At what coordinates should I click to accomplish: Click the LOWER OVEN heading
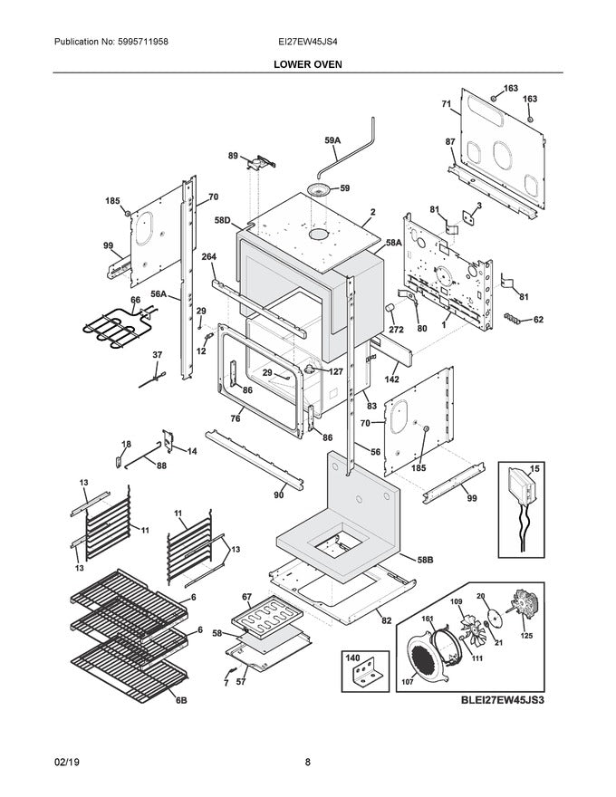coord(308,64)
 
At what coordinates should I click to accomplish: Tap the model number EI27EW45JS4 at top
coord(308,43)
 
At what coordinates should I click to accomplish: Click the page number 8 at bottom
coord(308,762)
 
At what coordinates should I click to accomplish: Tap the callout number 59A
coord(332,140)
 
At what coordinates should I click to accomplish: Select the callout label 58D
coord(223,219)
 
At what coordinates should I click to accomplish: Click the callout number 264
coord(208,256)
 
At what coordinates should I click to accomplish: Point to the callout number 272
coord(396,331)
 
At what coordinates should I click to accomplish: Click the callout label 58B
coord(424,561)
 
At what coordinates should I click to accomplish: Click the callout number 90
coord(279,495)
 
